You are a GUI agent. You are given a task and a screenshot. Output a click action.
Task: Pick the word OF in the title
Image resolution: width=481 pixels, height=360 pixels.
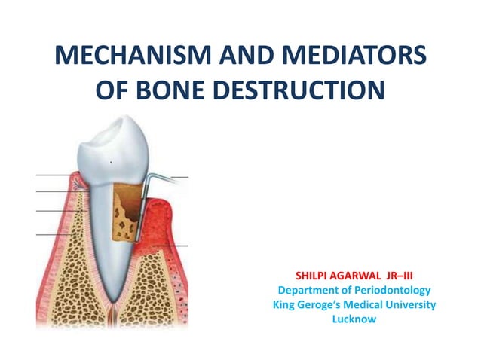[x=112, y=90]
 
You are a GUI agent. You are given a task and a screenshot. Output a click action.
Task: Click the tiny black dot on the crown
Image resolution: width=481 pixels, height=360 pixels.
[x=111, y=163]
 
